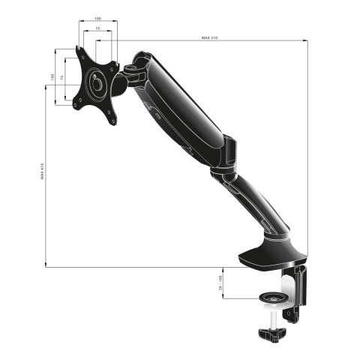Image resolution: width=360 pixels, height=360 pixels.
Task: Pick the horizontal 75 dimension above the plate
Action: pyautogui.click(x=98, y=28)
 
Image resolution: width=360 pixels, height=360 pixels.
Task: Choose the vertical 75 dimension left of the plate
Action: pyautogui.click(x=61, y=77)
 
